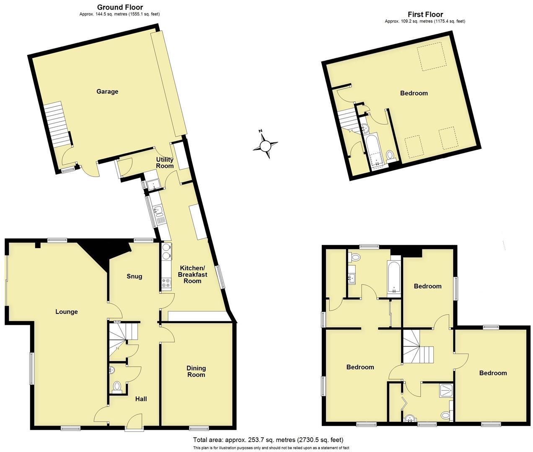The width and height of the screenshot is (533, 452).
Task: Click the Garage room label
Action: (x=107, y=92)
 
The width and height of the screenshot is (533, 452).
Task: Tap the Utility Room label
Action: (x=165, y=163)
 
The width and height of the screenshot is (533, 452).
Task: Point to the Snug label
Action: (x=135, y=276)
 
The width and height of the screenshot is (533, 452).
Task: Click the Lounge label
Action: (x=67, y=312)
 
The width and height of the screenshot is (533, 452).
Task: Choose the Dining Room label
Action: (x=196, y=371)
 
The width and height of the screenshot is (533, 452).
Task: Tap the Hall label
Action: (x=141, y=399)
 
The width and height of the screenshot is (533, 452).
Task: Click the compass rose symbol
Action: (x=266, y=146)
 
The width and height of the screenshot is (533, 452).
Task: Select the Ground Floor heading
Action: (x=120, y=7)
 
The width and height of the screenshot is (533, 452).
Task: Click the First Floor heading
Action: (x=425, y=14)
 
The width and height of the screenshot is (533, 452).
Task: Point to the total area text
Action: (x=268, y=440)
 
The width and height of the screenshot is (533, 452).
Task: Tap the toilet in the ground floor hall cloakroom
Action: (x=117, y=385)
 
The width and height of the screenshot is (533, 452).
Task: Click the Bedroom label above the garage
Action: (x=414, y=93)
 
